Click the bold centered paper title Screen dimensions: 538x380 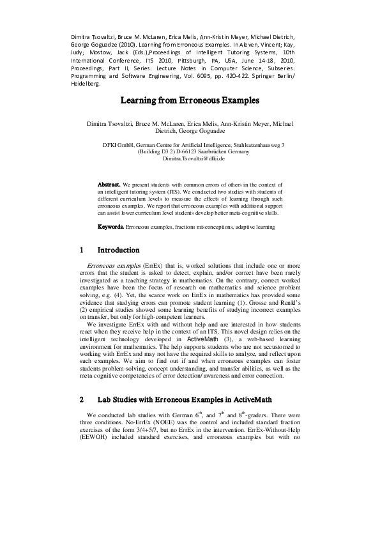[190, 100]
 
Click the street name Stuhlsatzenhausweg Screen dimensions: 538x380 [259, 145]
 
